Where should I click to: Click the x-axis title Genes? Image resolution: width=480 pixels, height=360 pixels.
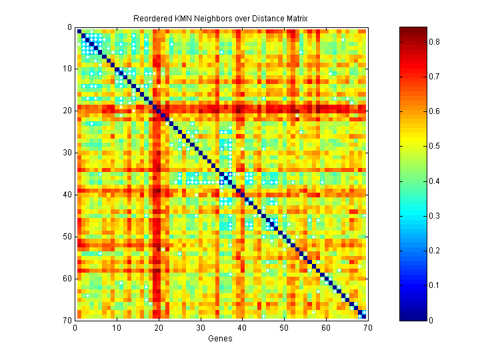tap(221, 339)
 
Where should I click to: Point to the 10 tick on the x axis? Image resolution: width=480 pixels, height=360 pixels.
tap(117, 328)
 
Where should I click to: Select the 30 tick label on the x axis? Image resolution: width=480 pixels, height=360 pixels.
tap(200, 328)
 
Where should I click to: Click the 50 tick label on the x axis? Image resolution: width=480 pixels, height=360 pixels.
tap(283, 328)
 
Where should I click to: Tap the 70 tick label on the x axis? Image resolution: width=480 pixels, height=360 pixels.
tap(367, 328)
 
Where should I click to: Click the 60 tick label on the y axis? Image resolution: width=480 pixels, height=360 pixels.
tap(67, 278)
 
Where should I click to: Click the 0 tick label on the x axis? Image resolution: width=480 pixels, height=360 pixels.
tap(75, 328)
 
